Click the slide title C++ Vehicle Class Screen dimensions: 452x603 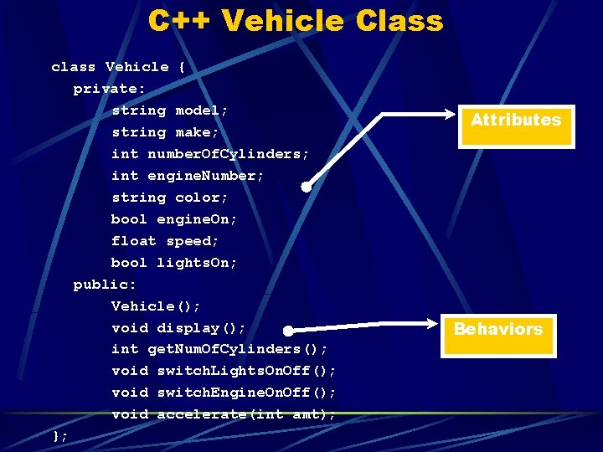(296, 20)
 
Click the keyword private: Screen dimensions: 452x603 (109, 89)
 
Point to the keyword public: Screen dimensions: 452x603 (105, 285)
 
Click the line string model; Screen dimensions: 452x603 (170, 110)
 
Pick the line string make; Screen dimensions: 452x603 (165, 132)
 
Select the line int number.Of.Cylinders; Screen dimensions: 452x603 (210, 154)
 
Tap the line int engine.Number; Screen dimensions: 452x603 (188, 176)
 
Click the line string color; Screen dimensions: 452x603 (170, 198)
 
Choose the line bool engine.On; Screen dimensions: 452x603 (174, 219)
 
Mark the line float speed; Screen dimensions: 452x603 (165, 241)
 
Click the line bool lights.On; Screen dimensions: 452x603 (174, 263)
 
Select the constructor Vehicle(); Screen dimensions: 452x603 (156, 306)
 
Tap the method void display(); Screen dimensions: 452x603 (178, 328)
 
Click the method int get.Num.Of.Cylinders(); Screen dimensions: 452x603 (219, 349)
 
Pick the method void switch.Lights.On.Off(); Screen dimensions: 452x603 (224, 371)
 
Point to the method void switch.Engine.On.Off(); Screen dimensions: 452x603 (224, 393)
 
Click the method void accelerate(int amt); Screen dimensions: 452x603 (224, 414)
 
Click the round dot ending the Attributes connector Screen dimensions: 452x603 (307, 187)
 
